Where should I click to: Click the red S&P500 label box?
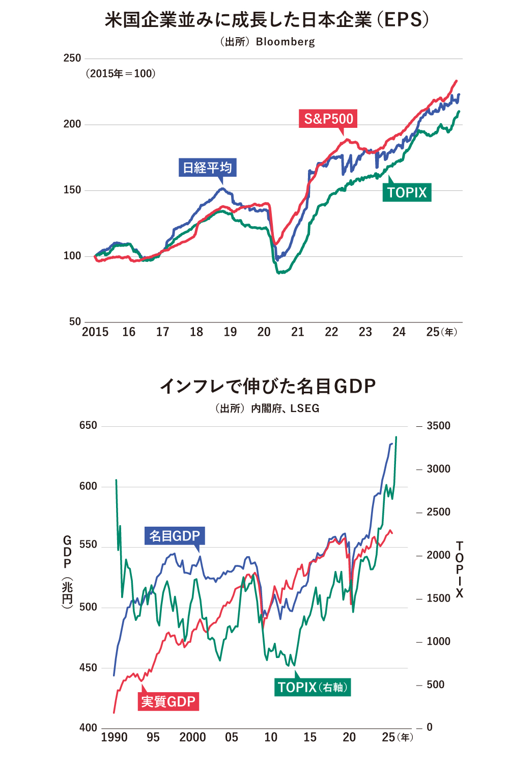[x=328, y=119]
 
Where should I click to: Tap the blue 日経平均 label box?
[x=207, y=168]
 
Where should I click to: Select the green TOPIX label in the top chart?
[x=407, y=193]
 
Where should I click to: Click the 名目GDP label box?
[x=175, y=536]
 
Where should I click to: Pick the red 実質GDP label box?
[x=168, y=701]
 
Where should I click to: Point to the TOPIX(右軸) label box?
[x=313, y=687]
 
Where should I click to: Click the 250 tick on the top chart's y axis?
[x=72, y=58]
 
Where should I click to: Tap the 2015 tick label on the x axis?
[x=95, y=332]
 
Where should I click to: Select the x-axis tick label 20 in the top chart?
[x=264, y=332]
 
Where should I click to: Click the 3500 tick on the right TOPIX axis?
[x=438, y=426]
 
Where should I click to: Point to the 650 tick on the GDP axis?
[x=88, y=425]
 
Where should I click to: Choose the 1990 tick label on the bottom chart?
[x=114, y=737]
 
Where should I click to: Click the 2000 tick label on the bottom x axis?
[x=192, y=737]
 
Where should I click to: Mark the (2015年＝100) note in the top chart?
[x=120, y=74]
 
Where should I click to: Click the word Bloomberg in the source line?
[x=285, y=42]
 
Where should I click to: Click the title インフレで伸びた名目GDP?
[x=268, y=386]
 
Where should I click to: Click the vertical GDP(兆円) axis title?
[x=67, y=570]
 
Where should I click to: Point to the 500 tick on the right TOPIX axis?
[x=435, y=685]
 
